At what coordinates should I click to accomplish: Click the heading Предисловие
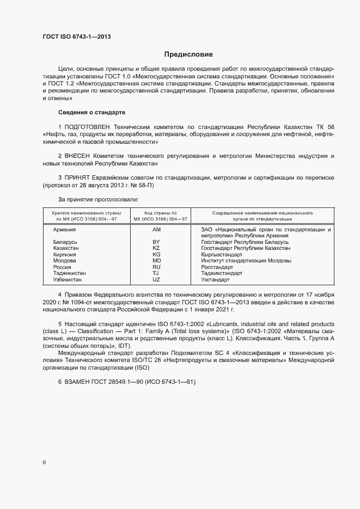pos(188,54)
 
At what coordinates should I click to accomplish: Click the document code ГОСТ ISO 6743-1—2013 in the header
pos(79,37)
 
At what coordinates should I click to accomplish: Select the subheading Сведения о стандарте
pos(91,112)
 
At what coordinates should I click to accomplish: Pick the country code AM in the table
pos(157,230)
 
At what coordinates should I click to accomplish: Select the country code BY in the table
pos(157,242)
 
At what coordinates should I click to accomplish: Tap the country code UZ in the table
pos(157,280)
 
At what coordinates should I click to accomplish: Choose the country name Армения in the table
pos(64,230)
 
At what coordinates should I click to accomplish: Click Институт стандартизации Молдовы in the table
pos(236,261)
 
